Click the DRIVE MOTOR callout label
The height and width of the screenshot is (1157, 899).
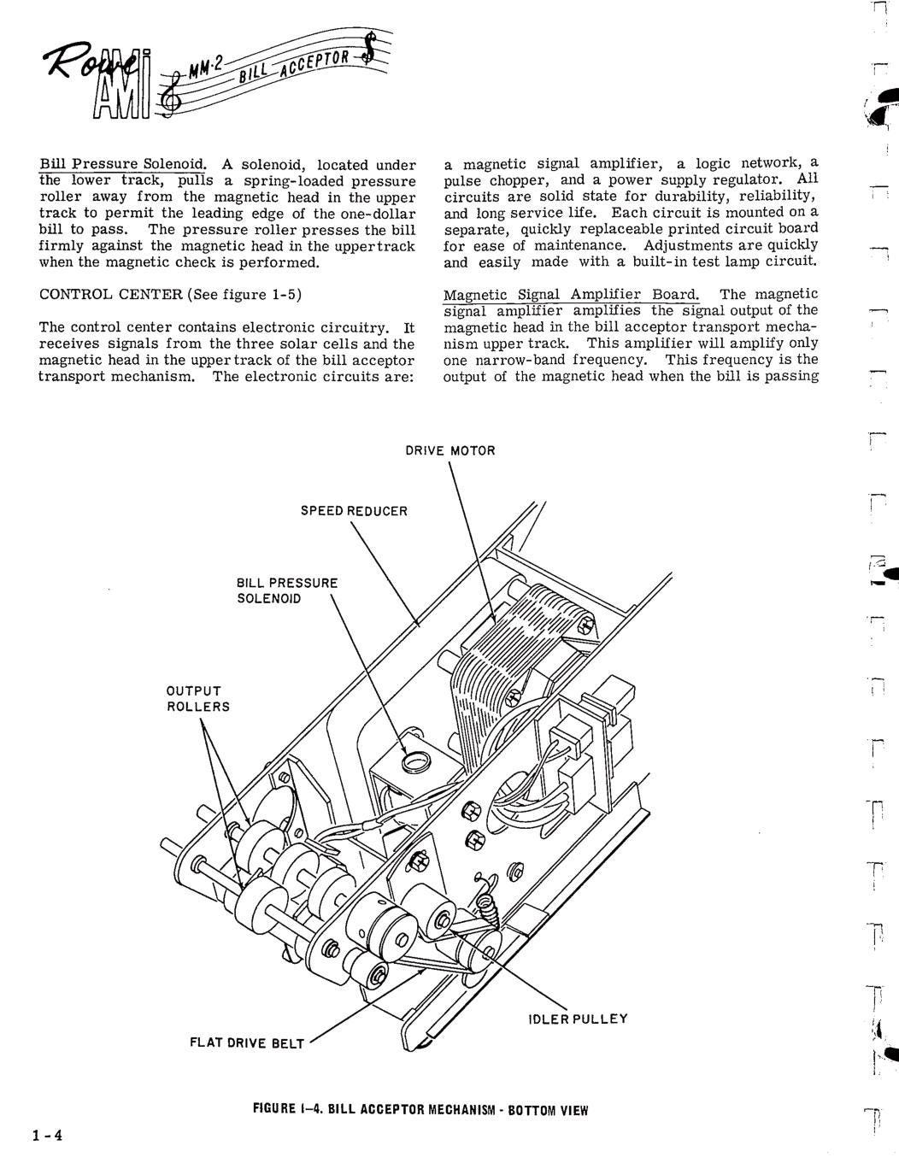(x=450, y=450)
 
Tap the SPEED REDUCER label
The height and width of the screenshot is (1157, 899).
(x=354, y=511)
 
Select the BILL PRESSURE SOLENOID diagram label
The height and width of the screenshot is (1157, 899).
(x=287, y=590)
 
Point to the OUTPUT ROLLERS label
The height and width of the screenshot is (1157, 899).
(x=198, y=699)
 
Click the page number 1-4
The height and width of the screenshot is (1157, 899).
(x=47, y=1136)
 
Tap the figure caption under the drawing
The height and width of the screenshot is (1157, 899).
(x=420, y=1110)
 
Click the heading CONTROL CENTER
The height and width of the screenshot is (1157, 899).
(x=111, y=295)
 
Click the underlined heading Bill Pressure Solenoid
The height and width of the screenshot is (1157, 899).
(x=122, y=165)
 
